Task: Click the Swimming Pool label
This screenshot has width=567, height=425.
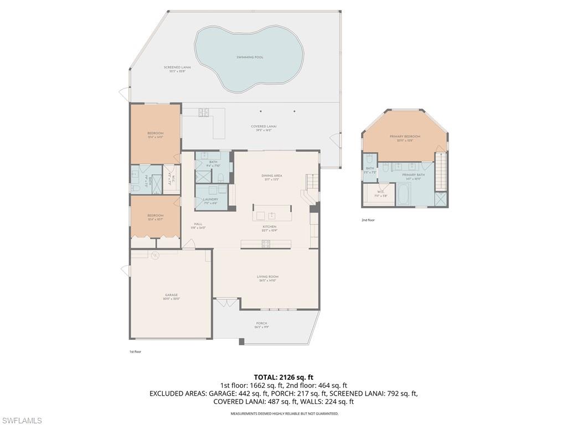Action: pyautogui.click(x=250, y=57)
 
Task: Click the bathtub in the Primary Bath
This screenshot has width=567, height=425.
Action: pyautogui.click(x=403, y=195)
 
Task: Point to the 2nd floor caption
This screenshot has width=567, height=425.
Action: pyautogui.click(x=368, y=220)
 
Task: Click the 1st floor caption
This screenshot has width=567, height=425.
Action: pyautogui.click(x=135, y=351)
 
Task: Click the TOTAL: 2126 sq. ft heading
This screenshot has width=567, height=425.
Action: pyautogui.click(x=283, y=377)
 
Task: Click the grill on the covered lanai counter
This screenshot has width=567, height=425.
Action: pyautogui.click(x=203, y=112)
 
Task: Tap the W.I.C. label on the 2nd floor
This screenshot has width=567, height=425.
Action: pyautogui.click(x=380, y=194)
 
